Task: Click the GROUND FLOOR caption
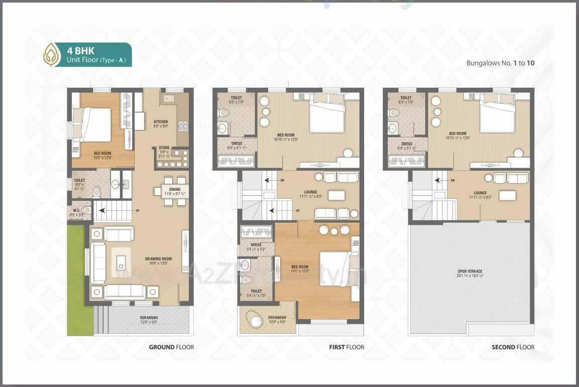tap(171, 347)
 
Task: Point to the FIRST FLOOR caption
tap(346, 347)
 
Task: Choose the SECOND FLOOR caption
tap(513, 347)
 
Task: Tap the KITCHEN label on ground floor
tap(161, 122)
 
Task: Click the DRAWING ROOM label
tap(159, 259)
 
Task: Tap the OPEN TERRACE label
tap(470, 272)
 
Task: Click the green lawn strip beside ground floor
tap(80, 281)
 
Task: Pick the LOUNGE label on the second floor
tap(480, 193)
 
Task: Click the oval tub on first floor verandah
tap(254, 319)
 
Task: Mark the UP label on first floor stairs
tap(297, 211)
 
